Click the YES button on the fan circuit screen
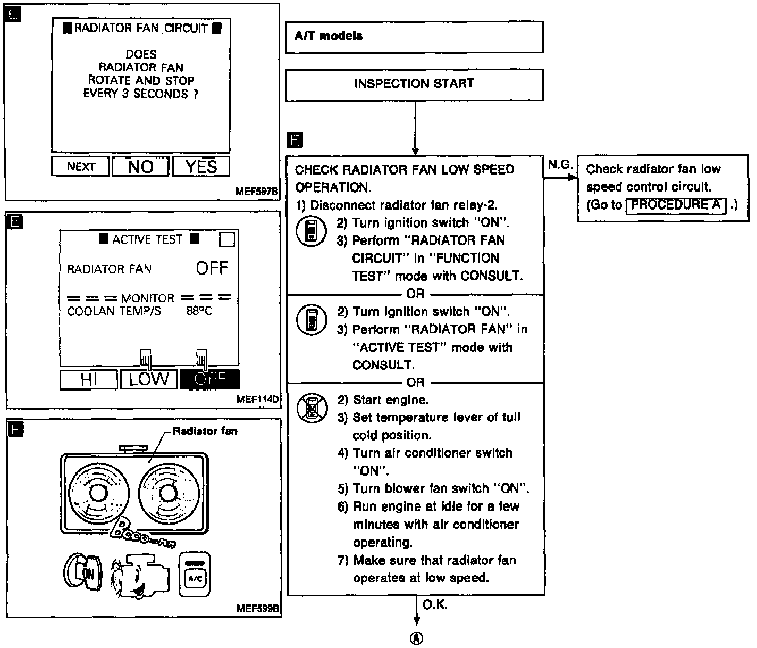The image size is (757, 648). [x=201, y=167]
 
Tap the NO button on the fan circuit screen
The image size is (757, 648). [x=140, y=167]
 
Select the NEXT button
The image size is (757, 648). [x=81, y=167]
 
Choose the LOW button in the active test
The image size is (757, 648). [x=148, y=379]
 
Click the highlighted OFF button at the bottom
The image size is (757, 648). [x=209, y=379]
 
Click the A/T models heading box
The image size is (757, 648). [x=414, y=37]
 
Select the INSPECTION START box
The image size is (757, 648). [x=414, y=84]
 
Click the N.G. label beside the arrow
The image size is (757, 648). [x=560, y=165]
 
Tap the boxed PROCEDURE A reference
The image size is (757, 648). [x=676, y=205]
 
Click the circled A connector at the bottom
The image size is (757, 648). [x=417, y=638]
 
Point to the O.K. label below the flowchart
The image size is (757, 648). [x=435, y=604]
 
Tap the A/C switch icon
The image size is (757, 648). [x=195, y=576]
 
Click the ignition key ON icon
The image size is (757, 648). [x=82, y=572]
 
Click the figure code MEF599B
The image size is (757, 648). [x=258, y=608]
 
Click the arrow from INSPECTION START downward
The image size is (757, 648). [x=415, y=128]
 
